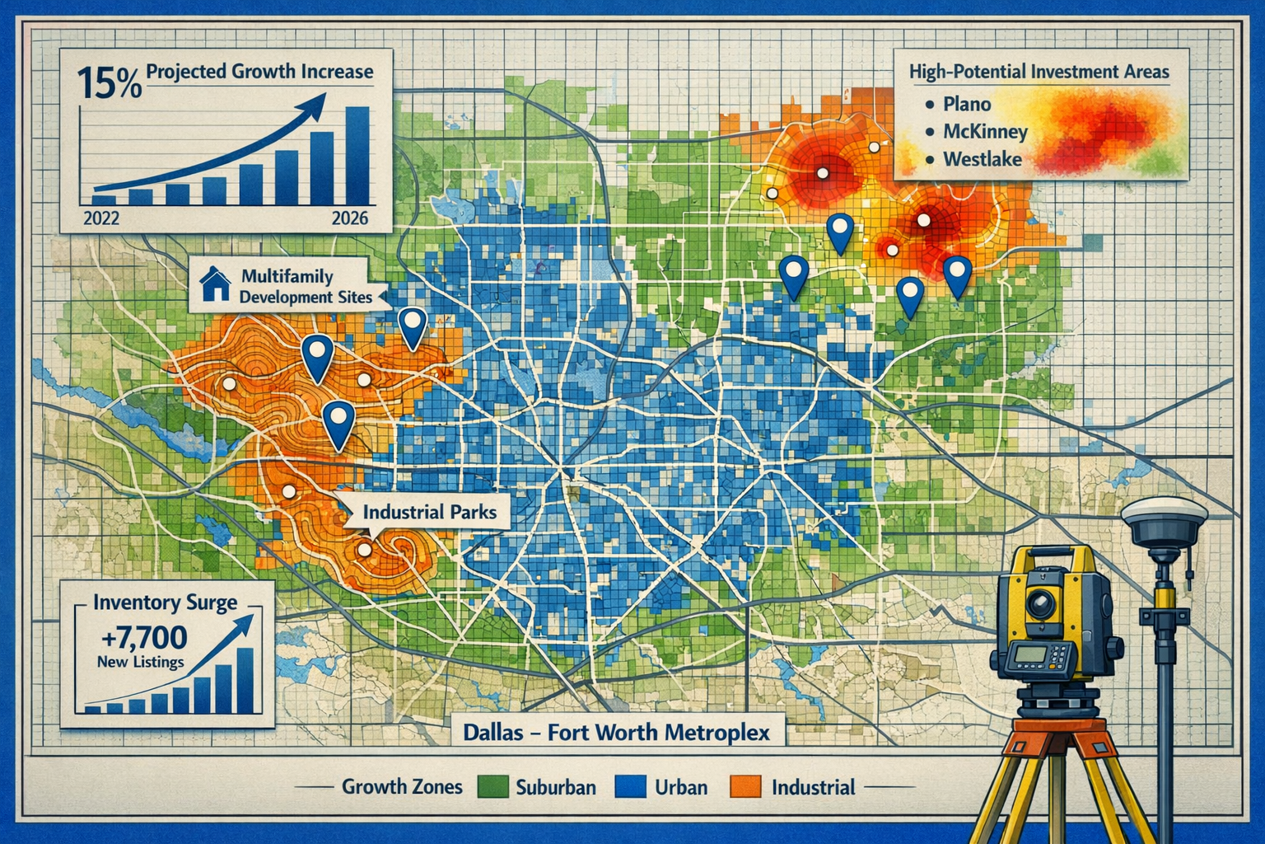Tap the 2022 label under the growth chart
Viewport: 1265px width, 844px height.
point(101,219)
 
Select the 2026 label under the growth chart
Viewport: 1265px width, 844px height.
point(349,219)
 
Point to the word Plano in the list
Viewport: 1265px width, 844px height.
point(967,105)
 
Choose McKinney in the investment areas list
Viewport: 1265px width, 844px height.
point(985,132)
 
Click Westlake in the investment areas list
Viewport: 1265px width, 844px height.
point(982,159)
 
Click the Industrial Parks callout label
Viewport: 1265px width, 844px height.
point(430,512)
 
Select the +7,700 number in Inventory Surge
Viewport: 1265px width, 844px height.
point(141,637)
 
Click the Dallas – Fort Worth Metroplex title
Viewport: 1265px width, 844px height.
point(616,732)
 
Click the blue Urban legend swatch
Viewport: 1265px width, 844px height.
point(629,787)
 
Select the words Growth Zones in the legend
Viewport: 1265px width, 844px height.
point(402,786)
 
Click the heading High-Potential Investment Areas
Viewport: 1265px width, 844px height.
point(1039,73)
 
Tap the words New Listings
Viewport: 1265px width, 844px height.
point(140,662)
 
